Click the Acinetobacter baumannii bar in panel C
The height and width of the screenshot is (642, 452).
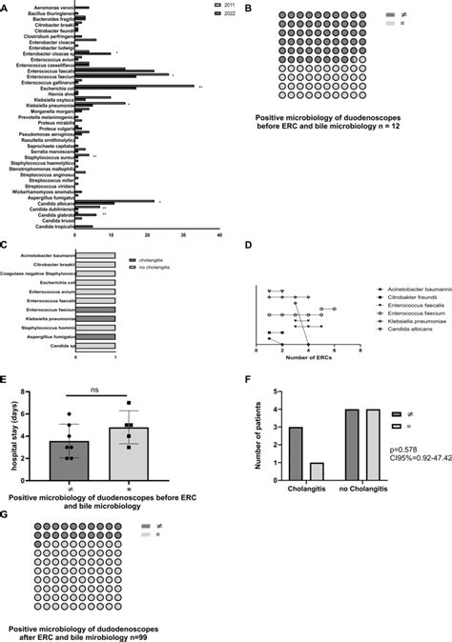[95, 255]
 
